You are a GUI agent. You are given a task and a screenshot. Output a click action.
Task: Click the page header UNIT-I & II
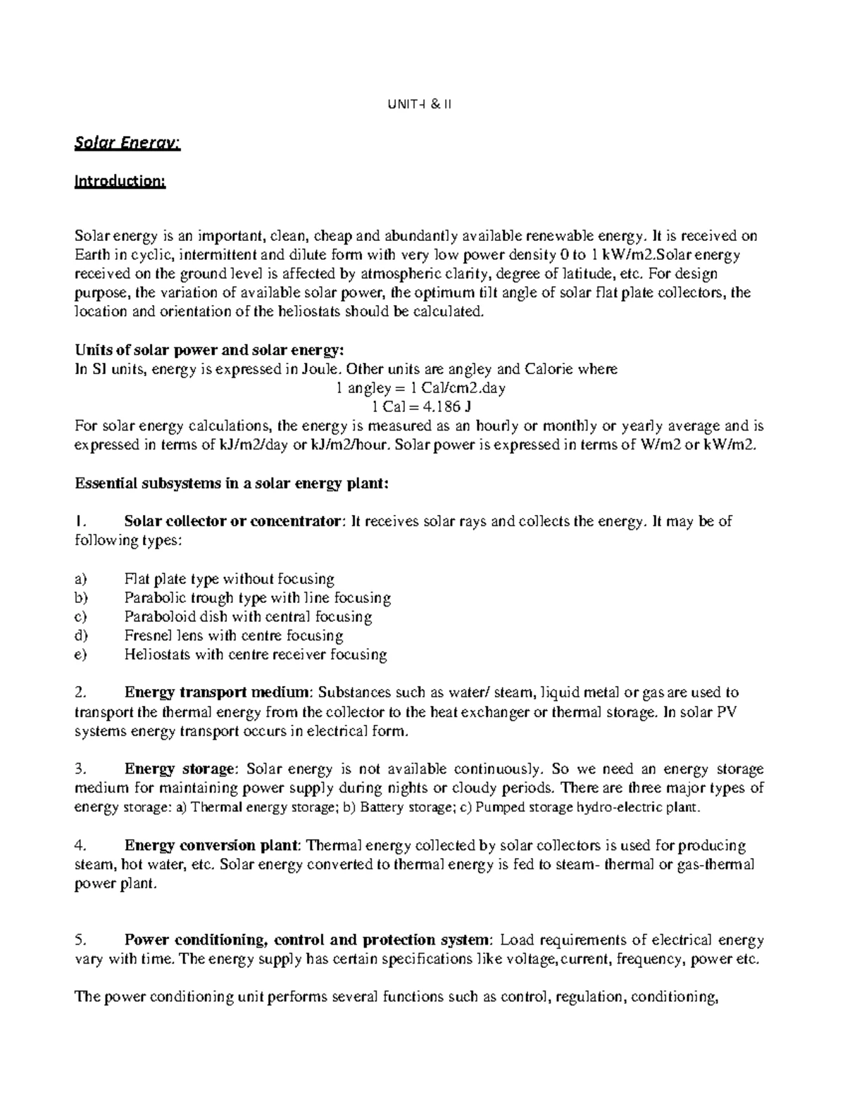[420, 104]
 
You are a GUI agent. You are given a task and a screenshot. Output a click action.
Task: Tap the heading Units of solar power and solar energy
[210, 350]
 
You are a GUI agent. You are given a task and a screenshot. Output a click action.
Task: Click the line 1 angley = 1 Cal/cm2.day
[421, 387]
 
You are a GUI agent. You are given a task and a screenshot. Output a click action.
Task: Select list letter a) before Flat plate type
[80, 579]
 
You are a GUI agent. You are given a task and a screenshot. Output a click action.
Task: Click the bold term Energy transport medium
[216, 692]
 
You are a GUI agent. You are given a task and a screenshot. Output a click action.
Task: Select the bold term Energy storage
[178, 769]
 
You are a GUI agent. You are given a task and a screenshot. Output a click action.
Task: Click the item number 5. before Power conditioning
[80, 940]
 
